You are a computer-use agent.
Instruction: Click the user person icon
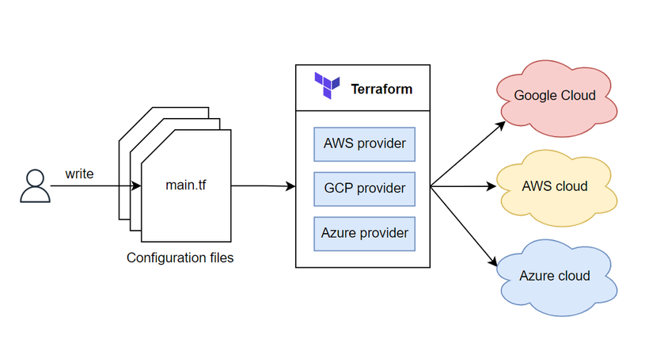pyautogui.click(x=35, y=186)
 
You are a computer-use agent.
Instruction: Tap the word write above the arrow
pyautogui.click(x=79, y=172)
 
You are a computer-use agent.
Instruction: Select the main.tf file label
pyautogui.click(x=186, y=186)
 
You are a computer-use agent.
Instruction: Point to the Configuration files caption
pyautogui.click(x=180, y=258)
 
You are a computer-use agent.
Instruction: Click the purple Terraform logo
pyautogui.click(x=326, y=86)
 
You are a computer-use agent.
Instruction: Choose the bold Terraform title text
pyautogui.click(x=382, y=89)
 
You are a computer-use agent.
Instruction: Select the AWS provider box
pyautogui.click(x=364, y=143)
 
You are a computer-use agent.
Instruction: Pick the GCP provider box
pyautogui.click(x=364, y=189)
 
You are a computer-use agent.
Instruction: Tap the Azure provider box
pyautogui.click(x=364, y=233)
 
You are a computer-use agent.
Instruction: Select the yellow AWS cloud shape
pyautogui.click(x=554, y=187)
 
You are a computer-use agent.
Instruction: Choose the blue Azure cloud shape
pyautogui.click(x=554, y=276)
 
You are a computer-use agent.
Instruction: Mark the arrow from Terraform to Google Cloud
pyautogui.click(x=467, y=154)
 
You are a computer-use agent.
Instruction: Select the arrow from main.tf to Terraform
pyautogui.click(x=264, y=186)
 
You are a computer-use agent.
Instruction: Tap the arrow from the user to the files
pyautogui.click(x=95, y=186)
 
